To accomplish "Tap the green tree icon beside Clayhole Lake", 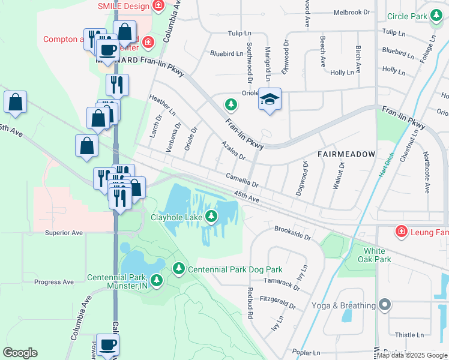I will (x=211, y=217).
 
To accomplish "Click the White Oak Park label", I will (x=377, y=255).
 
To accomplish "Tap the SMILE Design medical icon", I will (x=158, y=7).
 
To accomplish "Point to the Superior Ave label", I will (x=63, y=232).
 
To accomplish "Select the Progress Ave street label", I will (x=54, y=282).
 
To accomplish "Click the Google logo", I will (x=20, y=353).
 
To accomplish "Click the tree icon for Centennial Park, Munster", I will (x=157, y=280).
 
